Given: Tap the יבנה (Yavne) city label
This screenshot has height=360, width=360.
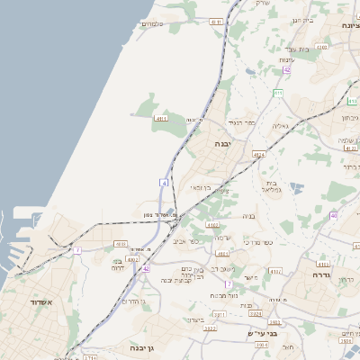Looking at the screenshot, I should (x=223, y=143).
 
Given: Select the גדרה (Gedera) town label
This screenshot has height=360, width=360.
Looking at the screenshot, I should (x=321, y=275).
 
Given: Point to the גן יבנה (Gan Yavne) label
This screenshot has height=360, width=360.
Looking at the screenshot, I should (x=144, y=347).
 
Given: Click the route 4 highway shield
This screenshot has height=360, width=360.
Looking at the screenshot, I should (x=165, y=183).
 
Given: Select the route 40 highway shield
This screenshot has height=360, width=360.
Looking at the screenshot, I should (x=333, y=216).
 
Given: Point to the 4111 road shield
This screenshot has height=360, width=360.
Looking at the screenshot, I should (x=216, y=21).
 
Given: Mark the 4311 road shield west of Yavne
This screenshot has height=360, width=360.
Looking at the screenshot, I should (x=161, y=119).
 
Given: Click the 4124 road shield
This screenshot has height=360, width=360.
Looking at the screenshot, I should (x=259, y=155).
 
